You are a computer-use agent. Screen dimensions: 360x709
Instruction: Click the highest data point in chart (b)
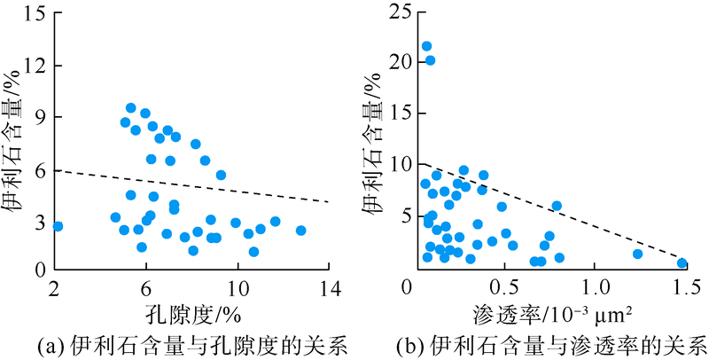426,46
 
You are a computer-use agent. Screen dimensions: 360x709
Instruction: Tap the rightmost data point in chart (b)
682,263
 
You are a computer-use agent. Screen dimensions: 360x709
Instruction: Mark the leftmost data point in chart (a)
58,226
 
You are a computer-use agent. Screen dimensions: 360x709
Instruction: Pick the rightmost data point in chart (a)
300,231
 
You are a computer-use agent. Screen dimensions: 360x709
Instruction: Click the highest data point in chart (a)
130,108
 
